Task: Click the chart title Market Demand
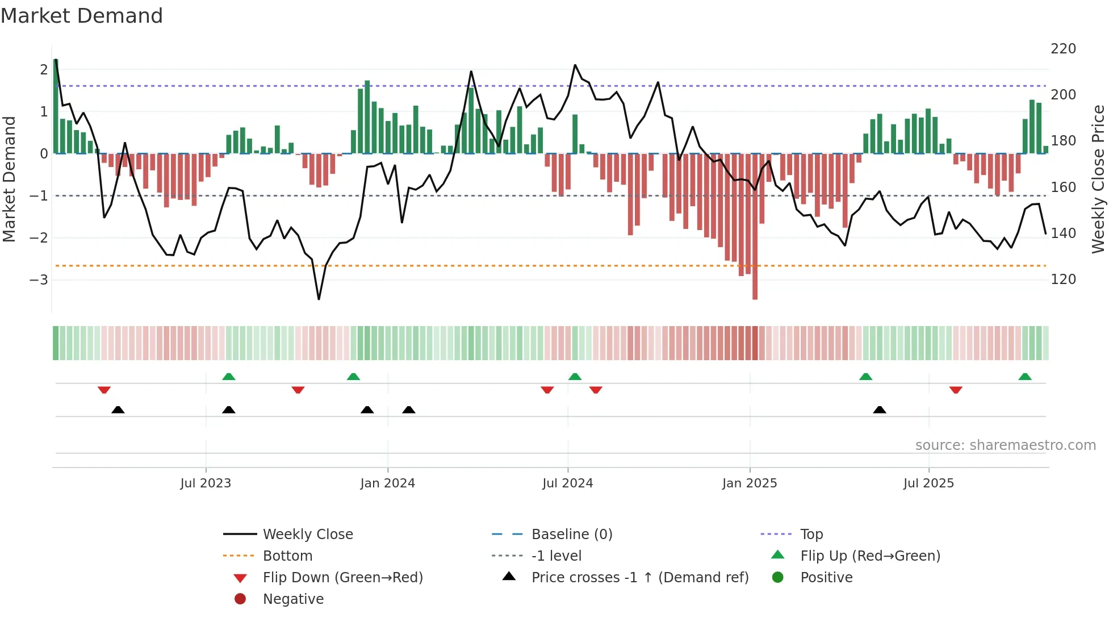82,16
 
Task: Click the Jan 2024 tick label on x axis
388,483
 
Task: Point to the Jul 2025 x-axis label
928,483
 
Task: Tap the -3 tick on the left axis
39,279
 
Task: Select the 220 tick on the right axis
1063,49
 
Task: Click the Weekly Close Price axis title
1098,179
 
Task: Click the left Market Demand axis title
10,179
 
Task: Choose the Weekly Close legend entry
308,535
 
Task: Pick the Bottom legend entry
287,556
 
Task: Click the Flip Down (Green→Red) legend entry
342,578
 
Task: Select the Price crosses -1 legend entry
640,578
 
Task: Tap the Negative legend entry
293,599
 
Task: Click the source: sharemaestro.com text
1005,445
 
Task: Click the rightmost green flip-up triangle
1025,377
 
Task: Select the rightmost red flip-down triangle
956,390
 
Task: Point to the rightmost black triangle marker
879,410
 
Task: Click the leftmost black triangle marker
118,410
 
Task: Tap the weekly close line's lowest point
319,299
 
